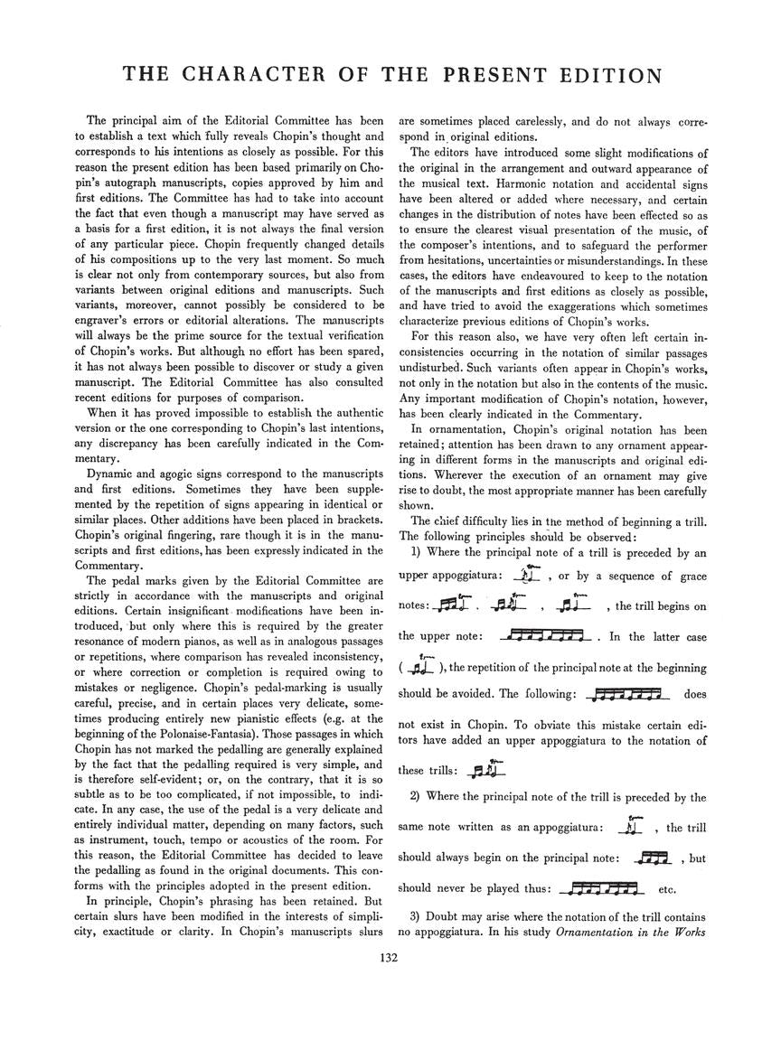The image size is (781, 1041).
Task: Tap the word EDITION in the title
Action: tap(607, 75)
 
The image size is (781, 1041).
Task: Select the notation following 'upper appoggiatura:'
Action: tap(526, 574)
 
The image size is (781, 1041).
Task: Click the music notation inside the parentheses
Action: tap(422, 662)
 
